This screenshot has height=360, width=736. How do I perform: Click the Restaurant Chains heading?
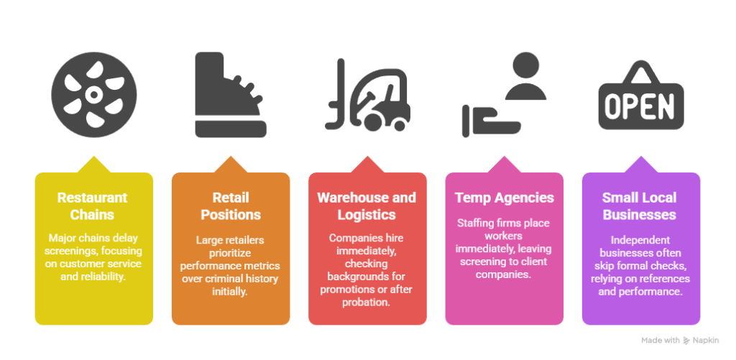92,206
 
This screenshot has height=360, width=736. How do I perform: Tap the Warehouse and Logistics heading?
367,206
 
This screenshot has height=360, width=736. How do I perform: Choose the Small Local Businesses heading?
640,206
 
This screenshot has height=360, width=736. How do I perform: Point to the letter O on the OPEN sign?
613,106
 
